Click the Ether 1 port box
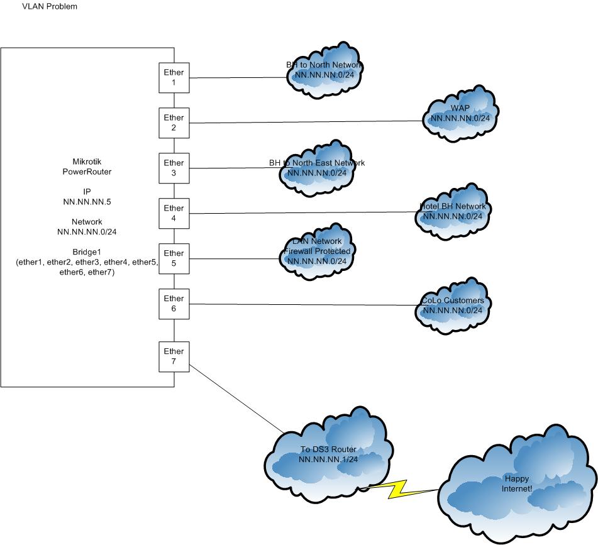pyautogui.click(x=174, y=77)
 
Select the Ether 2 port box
pyautogui.click(x=174, y=123)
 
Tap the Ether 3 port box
pyautogui.click(x=174, y=168)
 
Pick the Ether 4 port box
pyautogui.click(x=174, y=213)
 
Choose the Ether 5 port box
pyautogui.click(x=174, y=258)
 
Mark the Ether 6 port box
pyautogui.click(x=174, y=304)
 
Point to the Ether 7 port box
pyautogui.click(x=174, y=356)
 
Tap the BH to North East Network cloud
pyautogui.click(x=317, y=168)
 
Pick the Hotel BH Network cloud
pyautogui.click(x=453, y=212)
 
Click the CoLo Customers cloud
pyautogui.click(x=453, y=306)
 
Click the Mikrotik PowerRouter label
pyautogui.click(x=87, y=167)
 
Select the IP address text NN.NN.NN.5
pyautogui.click(x=87, y=202)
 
